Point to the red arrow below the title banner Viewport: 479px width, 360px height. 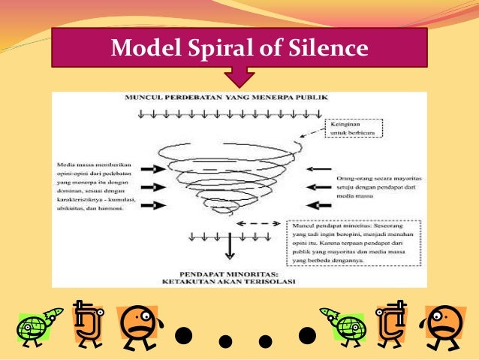(x=240, y=77)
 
